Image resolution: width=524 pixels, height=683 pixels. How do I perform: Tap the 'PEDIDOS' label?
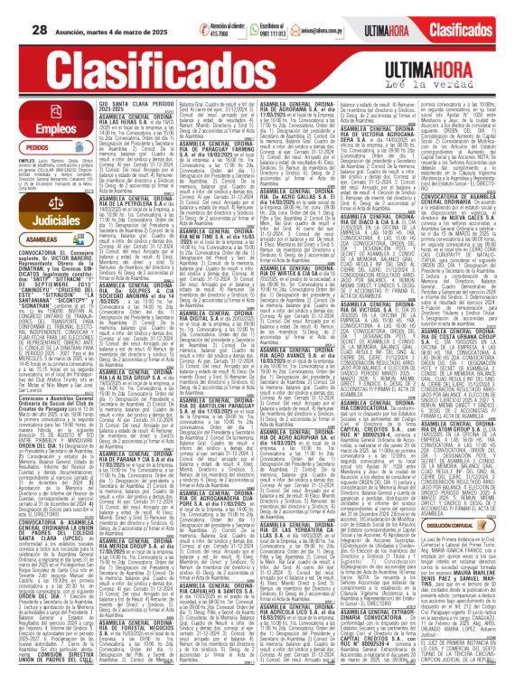pos(37,145)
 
